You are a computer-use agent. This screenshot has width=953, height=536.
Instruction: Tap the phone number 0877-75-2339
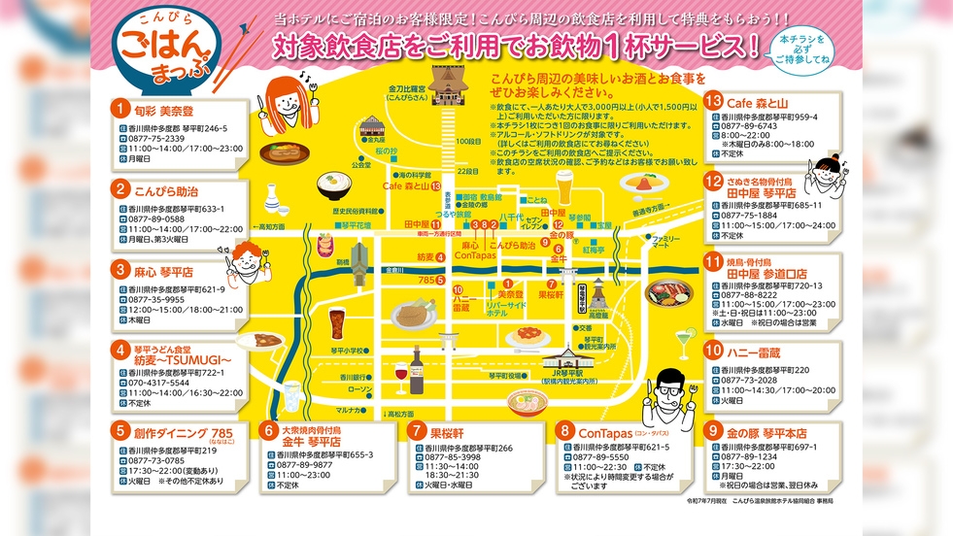156,139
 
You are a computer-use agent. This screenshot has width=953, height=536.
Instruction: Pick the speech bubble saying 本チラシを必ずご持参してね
806,49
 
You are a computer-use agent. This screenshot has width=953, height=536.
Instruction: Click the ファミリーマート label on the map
665,243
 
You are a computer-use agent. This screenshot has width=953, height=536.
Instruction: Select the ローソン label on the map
359,388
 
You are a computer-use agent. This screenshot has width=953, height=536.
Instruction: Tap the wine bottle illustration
417,364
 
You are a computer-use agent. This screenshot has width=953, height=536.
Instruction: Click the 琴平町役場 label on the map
502,375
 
